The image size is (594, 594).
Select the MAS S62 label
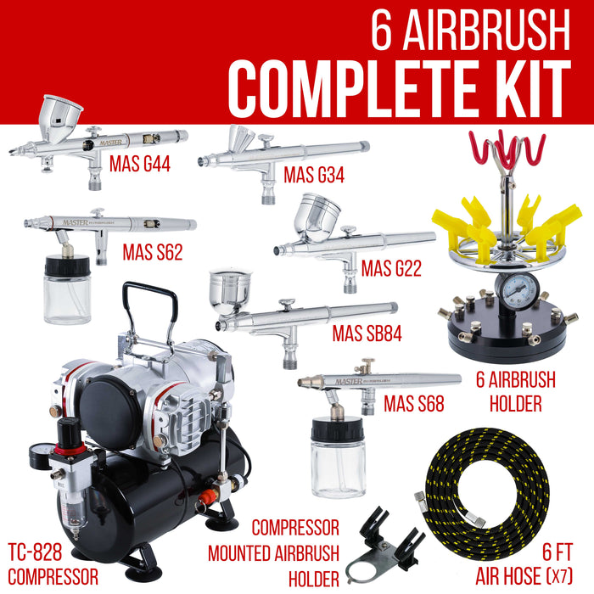[153, 252]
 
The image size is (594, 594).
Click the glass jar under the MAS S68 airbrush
[339, 462]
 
